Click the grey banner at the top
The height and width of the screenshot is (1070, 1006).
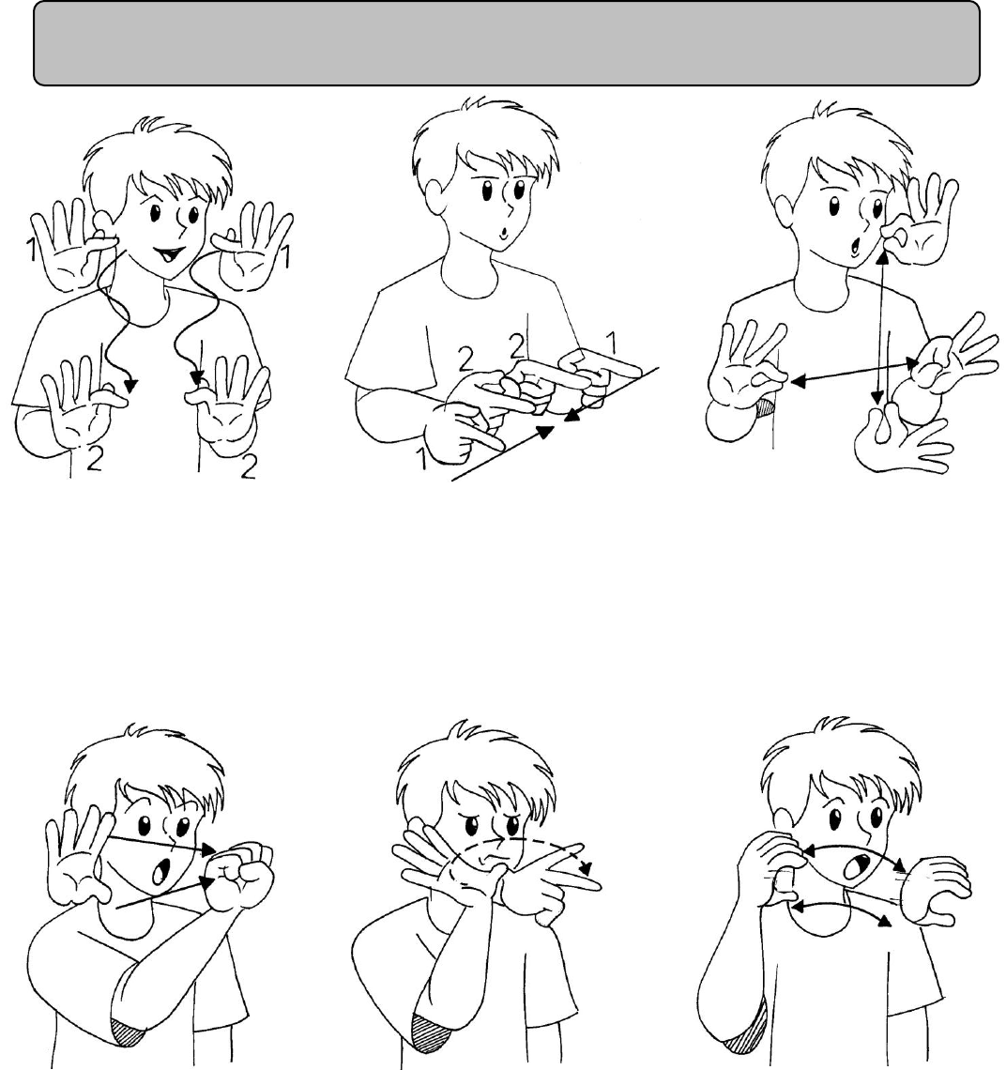507,43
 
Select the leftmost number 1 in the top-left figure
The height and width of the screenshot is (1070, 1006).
31,250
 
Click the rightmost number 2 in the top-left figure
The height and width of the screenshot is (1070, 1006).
249,466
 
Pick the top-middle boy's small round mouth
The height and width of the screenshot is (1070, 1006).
502,233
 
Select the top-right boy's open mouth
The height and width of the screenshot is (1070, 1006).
853,246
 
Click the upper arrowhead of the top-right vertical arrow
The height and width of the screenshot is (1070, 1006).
882,256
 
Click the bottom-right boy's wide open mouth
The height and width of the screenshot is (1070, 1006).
856,866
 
